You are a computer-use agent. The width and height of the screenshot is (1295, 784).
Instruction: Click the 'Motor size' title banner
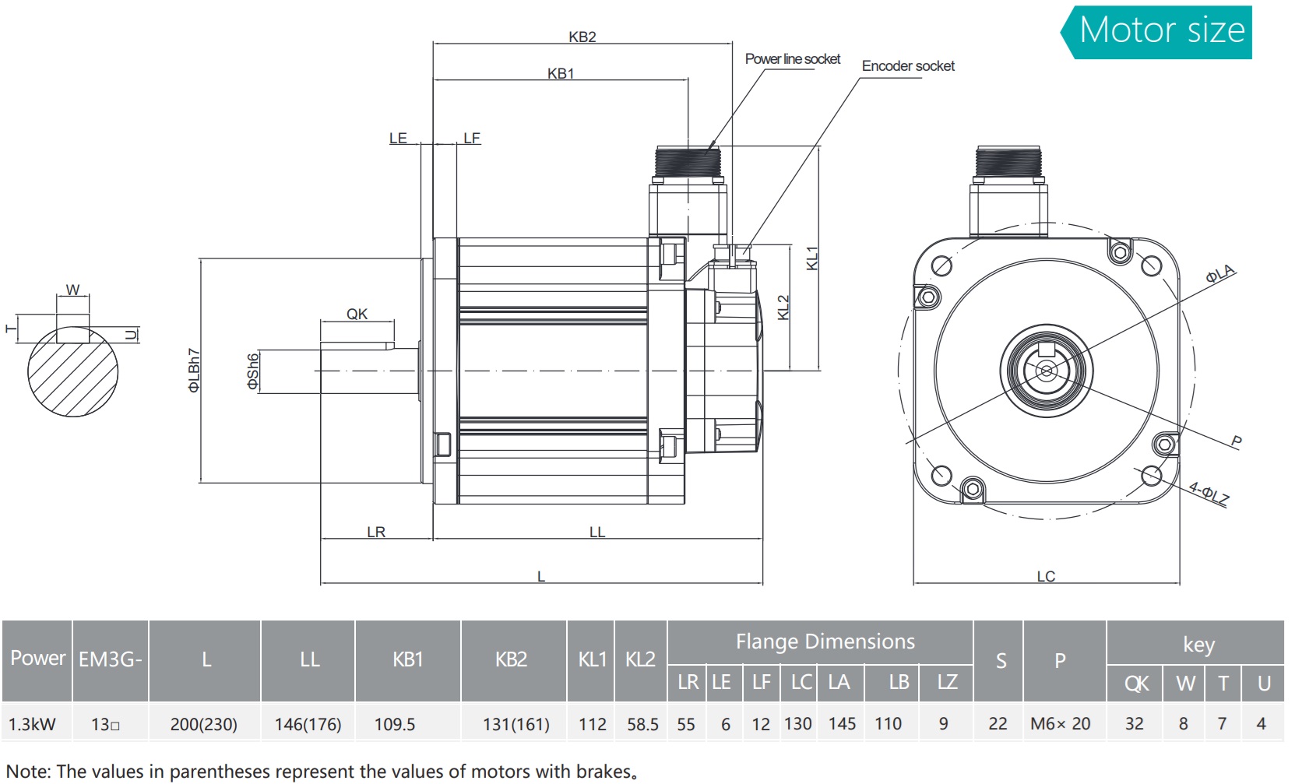click(x=1161, y=31)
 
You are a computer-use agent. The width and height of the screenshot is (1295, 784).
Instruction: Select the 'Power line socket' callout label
click(x=792, y=59)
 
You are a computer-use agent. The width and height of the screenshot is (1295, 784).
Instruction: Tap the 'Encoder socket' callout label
click(x=907, y=66)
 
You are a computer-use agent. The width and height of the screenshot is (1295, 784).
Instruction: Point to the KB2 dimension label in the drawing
click(x=582, y=37)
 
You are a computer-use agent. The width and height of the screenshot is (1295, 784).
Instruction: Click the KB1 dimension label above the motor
click(x=560, y=73)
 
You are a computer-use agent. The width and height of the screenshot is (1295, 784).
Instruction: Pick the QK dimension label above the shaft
click(x=357, y=314)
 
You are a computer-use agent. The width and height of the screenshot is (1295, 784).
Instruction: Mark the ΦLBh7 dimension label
click(x=194, y=370)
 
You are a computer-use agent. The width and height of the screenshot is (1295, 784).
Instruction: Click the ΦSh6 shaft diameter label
click(x=253, y=371)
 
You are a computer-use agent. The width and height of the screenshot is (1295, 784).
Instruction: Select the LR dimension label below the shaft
click(x=376, y=532)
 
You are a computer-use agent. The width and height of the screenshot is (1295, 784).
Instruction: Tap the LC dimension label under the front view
click(x=1046, y=576)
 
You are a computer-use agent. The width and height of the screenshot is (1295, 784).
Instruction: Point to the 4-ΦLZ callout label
click(x=1209, y=494)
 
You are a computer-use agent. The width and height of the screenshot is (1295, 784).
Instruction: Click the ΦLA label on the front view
click(x=1220, y=274)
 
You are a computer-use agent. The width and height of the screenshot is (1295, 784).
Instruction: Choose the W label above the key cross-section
click(x=72, y=290)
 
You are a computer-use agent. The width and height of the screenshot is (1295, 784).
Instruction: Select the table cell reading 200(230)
click(x=204, y=724)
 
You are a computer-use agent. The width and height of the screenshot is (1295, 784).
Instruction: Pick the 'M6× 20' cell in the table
click(x=1060, y=724)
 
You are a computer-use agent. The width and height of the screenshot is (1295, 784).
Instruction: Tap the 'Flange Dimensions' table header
click(x=825, y=642)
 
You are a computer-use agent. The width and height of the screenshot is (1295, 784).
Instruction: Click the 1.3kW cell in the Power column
click(x=32, y=724)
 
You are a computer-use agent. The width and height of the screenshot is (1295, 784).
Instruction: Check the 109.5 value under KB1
click(x=395, y=724)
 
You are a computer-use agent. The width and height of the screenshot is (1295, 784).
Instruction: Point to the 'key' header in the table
click(x=1198, y=645)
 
